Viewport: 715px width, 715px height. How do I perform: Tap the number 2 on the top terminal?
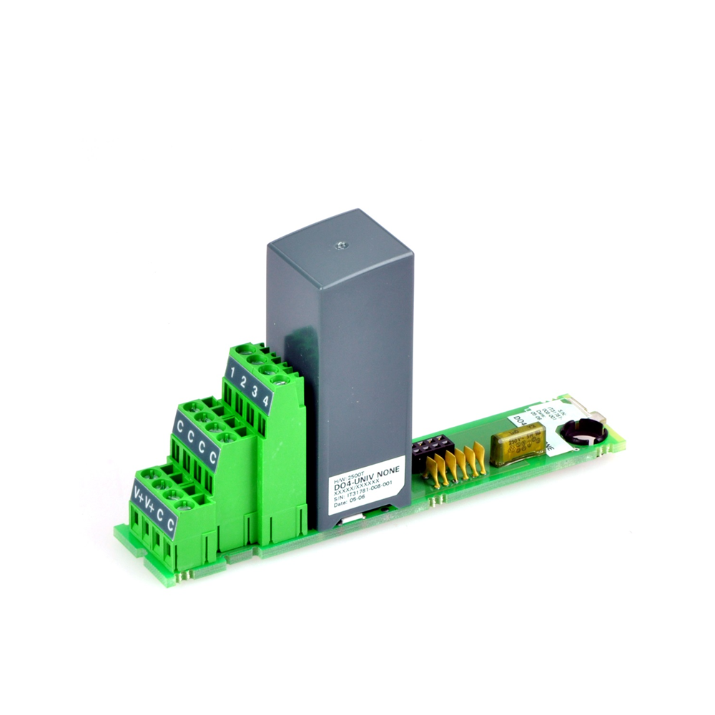(x=244, y=382)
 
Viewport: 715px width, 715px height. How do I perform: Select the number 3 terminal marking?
(x=255, y=391)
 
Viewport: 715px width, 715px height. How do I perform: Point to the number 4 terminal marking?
(x=265, y=400)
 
